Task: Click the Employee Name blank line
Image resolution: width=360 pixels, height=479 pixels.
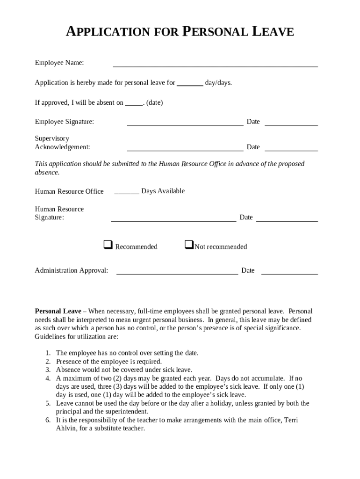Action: (215, 66)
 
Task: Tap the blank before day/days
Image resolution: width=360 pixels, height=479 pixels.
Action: (190, 85)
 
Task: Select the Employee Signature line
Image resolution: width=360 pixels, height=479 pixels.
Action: (185, 125)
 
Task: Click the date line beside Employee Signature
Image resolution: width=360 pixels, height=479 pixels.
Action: (291, 125)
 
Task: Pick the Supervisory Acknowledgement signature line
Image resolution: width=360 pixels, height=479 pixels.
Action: (185, 150)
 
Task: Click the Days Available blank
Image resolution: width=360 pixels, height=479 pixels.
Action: (126, 193)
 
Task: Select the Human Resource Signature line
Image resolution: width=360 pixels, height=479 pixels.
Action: (173, 220)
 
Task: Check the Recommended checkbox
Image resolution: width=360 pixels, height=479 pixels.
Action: (108, 245)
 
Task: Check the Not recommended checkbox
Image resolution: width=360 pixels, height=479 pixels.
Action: (189, 245)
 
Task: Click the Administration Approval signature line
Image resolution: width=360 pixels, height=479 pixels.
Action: (177, 274)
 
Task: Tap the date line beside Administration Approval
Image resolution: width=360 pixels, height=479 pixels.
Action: (289, 274)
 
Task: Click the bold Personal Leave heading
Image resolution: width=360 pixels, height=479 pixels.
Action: (58, 311)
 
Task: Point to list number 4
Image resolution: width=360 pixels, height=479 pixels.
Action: (48, 378)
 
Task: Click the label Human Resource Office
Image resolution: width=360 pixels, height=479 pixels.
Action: (69, 191)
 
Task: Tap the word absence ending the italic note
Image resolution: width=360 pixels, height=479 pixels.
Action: (47, 172)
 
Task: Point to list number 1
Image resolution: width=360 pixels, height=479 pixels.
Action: (48, 353)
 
